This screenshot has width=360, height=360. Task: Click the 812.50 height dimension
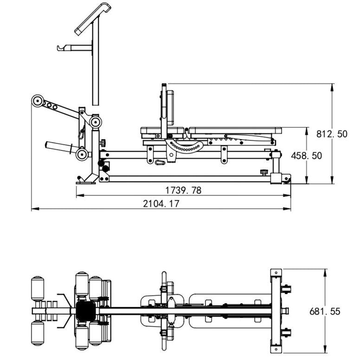(331, 134)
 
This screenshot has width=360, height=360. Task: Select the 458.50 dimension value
(306, 156)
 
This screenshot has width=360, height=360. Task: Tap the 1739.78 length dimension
(183, 190)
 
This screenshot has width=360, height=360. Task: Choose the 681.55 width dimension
(324, 311)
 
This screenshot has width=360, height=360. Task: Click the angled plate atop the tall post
(93, 18)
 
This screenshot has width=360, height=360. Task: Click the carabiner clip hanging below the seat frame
(160, 162)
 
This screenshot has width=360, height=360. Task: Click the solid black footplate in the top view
(84, 310)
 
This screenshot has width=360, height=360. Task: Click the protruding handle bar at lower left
(60, 147)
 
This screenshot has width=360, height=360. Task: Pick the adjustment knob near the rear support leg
(264, 172)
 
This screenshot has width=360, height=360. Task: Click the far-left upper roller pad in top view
(38, 288)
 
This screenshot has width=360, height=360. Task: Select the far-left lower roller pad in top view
(38, 334)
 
